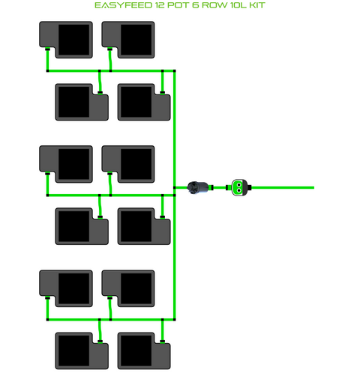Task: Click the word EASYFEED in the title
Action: (x=123, y=5)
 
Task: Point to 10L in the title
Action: (x=238, y=5)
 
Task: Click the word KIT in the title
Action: (x=257, y=5)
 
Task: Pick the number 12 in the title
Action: (x=160, y=5)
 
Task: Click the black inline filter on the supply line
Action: (x=198, y=187)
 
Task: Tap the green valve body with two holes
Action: (x=239, y=187)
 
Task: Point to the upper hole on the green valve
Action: (x=239, y=185)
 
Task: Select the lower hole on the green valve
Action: (x=239, y=190)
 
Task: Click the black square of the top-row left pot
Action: (x=73, y=40)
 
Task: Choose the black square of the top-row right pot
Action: (x=136, y=40)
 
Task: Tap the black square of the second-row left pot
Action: (x=73, y=102)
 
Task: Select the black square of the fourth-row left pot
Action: (x=73, y=226)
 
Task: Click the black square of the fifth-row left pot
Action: (x=73, y=288)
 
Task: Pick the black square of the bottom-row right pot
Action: (x=136, y=351)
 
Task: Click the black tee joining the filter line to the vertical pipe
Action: (x=174, y=187)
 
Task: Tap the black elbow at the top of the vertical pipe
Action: (x=174, y=71)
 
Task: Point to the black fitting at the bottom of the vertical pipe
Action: (x=174, y=320)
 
